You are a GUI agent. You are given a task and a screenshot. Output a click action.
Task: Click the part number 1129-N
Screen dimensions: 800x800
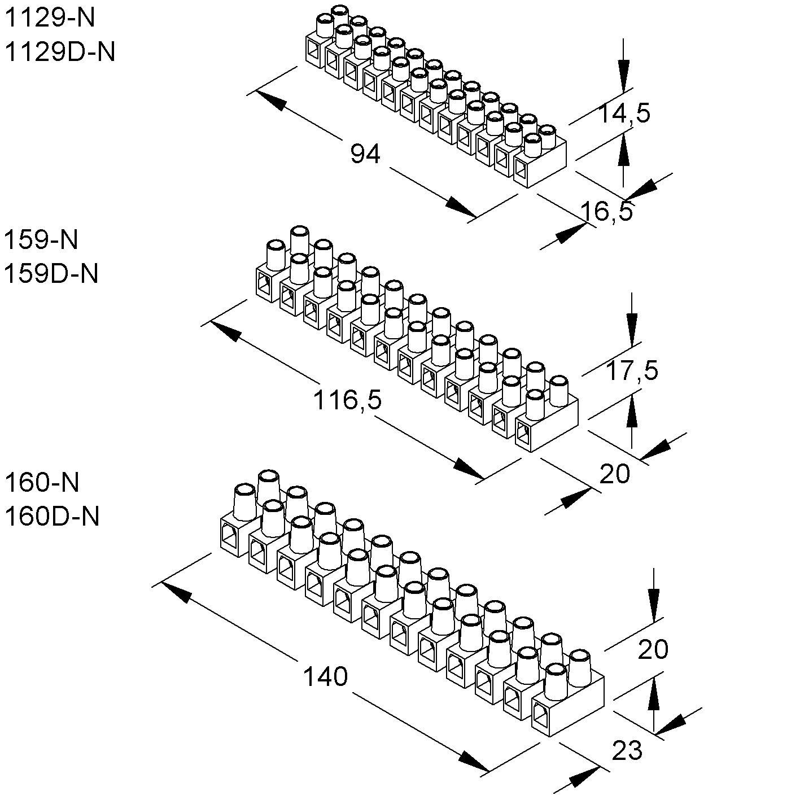tap(50, 19)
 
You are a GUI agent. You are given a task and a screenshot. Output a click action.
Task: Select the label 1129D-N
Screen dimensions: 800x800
tap(60, 52)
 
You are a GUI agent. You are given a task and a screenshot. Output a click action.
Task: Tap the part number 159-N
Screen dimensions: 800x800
tap(41, 240)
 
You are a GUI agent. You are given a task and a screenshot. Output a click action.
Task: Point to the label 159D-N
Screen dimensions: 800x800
tap(51, 274)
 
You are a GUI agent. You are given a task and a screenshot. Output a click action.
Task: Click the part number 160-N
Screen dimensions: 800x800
tap(42, 483)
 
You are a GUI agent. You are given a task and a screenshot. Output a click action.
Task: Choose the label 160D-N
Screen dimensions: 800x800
tap(52, 516)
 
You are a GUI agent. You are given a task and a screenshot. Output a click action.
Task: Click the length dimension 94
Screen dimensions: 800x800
tap(365, 154)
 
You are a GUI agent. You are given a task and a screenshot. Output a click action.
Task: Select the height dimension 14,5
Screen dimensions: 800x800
tap(623, 113)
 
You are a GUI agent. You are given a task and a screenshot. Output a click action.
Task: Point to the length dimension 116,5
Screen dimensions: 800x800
tap(348, 400)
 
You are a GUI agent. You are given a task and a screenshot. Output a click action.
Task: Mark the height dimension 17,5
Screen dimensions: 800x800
tap(632, 371)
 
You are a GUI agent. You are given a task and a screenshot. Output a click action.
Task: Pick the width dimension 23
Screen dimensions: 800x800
tap(627, 750)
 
